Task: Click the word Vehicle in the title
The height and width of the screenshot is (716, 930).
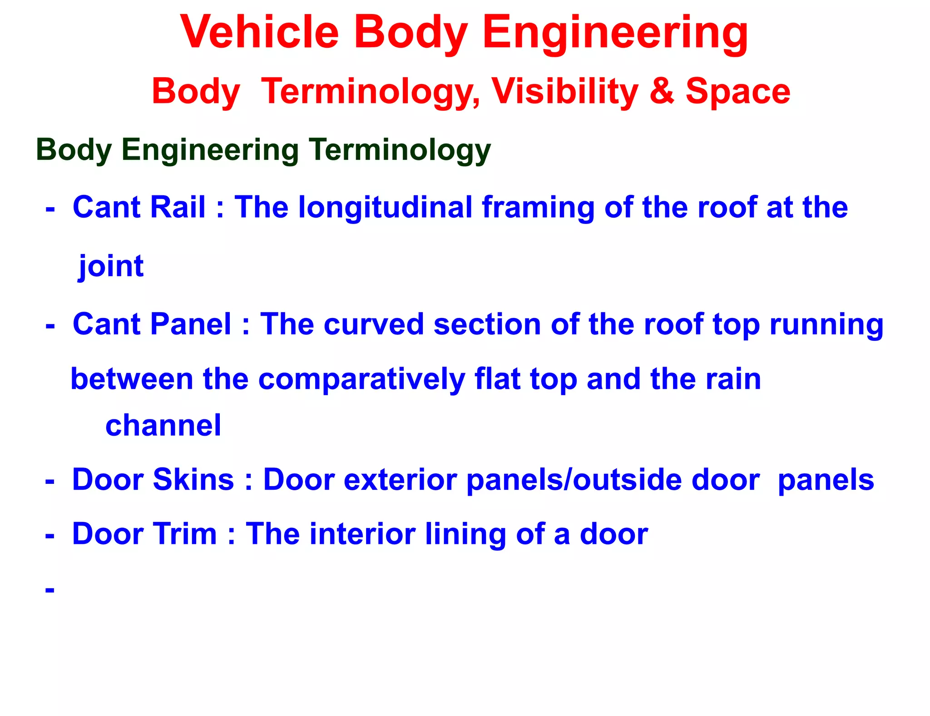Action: [x=259, y=32]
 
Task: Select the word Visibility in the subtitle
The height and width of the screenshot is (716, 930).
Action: [x=565, y=91]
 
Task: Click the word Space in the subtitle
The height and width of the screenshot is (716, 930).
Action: [x=737, y=91]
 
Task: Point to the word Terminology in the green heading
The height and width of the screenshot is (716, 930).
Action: [x=400, y=150]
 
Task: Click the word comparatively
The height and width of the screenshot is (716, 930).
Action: [x=361, y=379]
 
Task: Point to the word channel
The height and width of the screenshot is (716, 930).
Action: [x=163, y=425]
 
